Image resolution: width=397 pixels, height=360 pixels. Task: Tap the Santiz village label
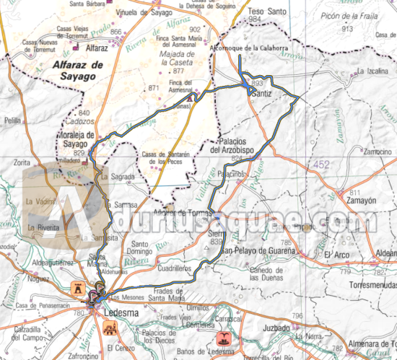pos(263,94)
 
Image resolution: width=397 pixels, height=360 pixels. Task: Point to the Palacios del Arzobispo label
pos(234,146)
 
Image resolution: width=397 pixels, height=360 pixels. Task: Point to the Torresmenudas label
pos(371,284)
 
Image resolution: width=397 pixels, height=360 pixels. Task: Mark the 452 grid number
pos(321,166)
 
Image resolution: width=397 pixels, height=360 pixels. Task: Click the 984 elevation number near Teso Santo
pos(254,20)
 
